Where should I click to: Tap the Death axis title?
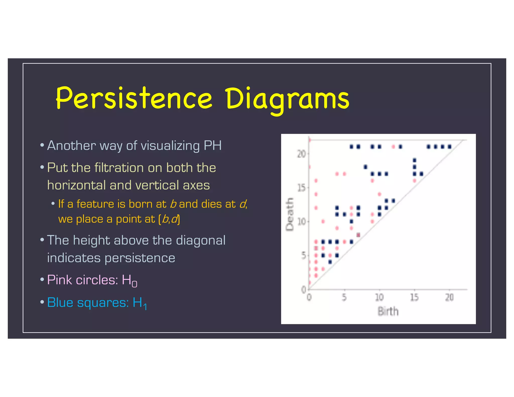point(290,214)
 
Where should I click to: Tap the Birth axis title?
point(388,311)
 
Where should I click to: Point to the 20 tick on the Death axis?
point(301,154)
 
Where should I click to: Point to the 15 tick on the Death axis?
point(301,187)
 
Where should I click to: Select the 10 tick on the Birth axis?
point(379,297)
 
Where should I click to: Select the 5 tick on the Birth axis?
point(344,297)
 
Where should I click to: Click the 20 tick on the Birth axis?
point(449,297)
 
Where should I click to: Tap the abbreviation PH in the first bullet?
point(213,146)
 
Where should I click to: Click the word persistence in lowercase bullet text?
point(140,258)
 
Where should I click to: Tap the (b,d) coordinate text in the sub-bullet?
point(169,219)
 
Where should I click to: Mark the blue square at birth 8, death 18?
point(365,167)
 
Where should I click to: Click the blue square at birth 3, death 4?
point(330,262)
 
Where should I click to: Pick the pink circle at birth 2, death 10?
point(323,221)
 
